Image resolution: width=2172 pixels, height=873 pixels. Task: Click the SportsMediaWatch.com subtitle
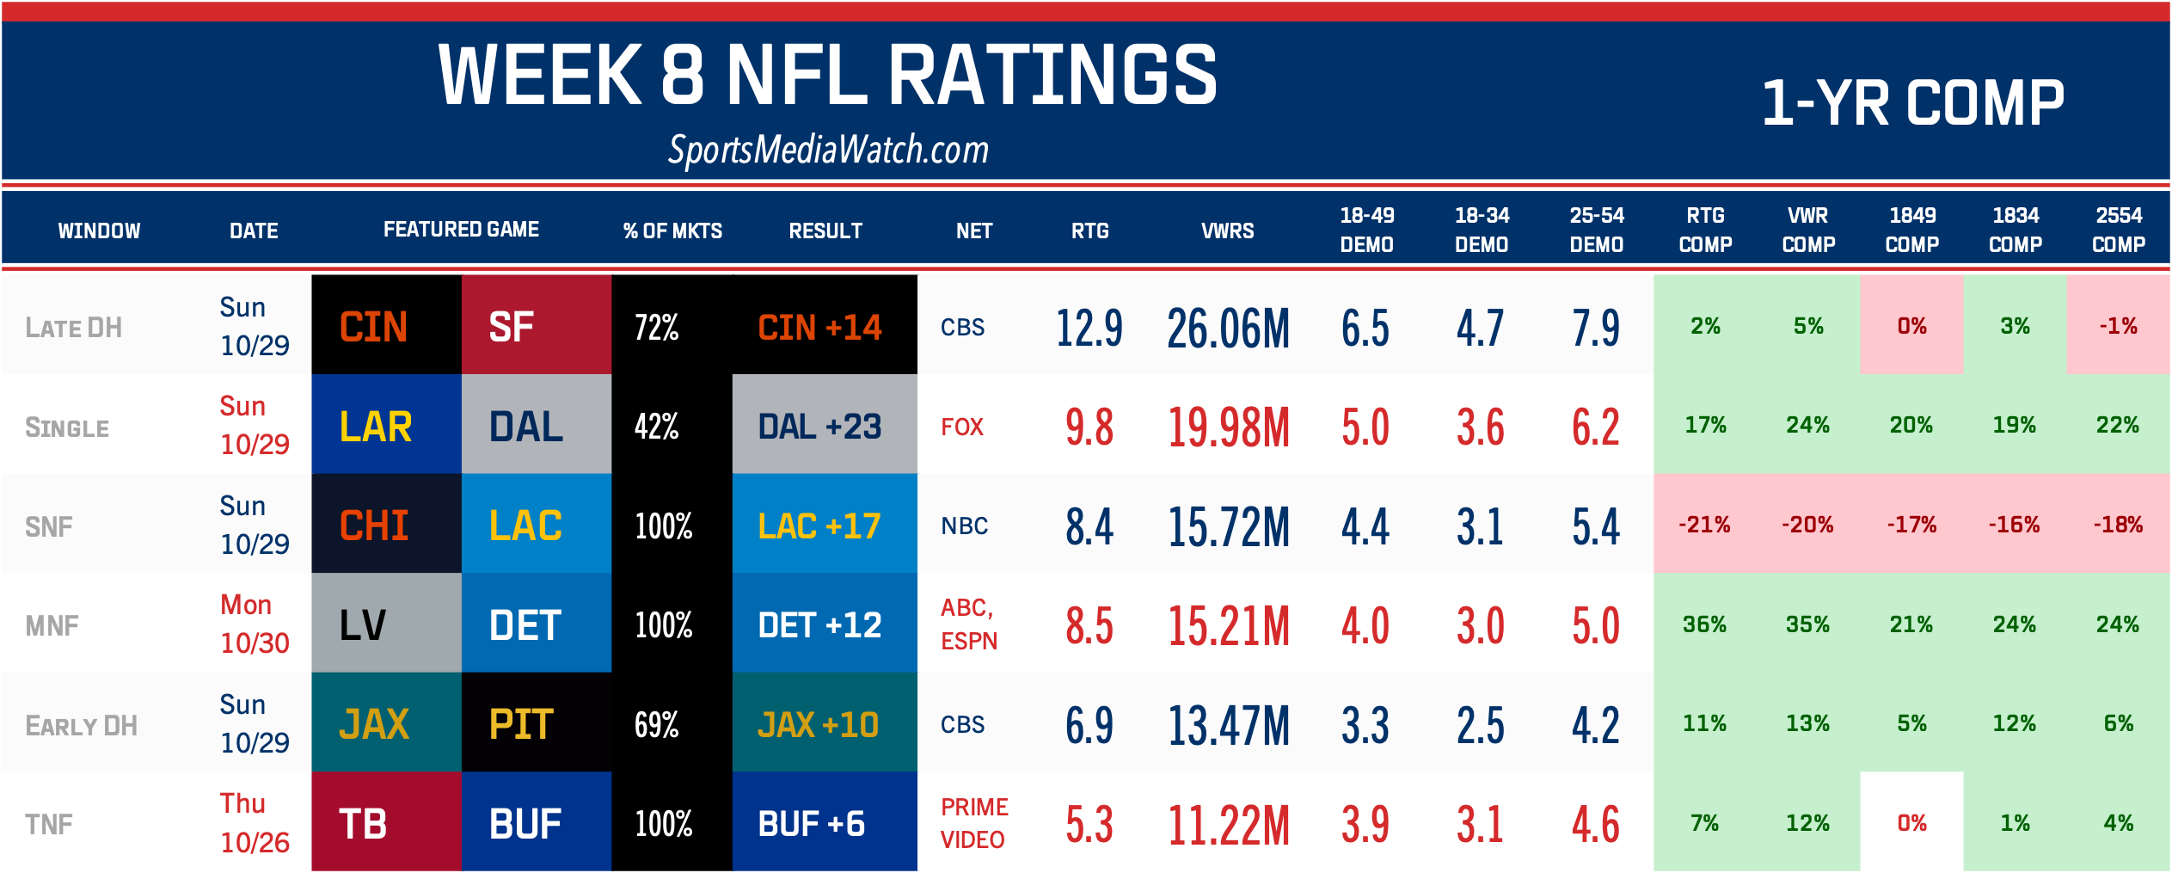(828, 151)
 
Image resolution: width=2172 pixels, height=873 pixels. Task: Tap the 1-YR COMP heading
(1912, 103)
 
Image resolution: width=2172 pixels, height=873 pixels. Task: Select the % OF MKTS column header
(672, 231)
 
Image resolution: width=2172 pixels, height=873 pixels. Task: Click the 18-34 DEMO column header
(1481, 230)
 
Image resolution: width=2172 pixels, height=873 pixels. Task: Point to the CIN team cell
(386, 327)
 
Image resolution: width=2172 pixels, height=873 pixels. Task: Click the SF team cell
(536, 327)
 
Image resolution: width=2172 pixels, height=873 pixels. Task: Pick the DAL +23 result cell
(824, 427)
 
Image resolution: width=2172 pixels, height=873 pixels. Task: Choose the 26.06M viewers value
(1228, 328)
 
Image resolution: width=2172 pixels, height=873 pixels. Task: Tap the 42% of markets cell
(657, 427)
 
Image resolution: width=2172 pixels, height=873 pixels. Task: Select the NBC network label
(964, 526)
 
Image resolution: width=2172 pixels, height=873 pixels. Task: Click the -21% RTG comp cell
(1704, 525)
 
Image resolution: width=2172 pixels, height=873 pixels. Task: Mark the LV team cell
(386, 625)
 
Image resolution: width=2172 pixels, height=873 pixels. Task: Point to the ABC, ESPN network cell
(968, 624)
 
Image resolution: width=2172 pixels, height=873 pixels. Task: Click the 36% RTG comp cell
(1704, 624)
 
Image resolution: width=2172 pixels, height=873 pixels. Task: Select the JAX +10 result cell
(824, 724)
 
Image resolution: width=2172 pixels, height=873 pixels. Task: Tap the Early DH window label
(82, 726)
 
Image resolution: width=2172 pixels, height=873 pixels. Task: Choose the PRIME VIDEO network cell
(973, 823)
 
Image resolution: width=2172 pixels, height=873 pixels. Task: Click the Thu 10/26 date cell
(254, 823)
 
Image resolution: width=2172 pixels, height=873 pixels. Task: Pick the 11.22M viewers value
(1228, 824)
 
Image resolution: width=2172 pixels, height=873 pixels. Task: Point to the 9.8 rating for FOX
(1089, 427)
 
